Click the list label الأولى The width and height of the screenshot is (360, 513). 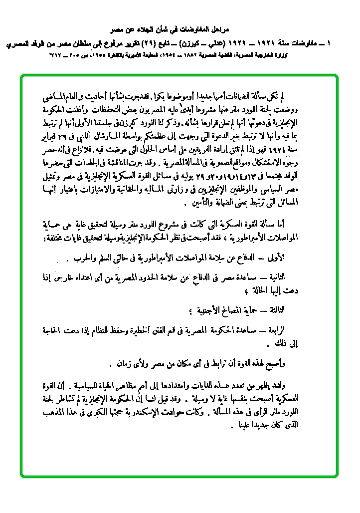coord(289,257)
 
